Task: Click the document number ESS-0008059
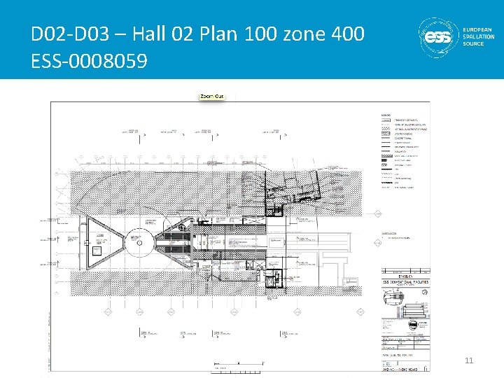click(x=90, y=62)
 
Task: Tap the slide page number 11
click(x=470, y=360)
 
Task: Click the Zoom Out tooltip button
click(x=212, y=95)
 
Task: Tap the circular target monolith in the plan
click(x=139, y=244)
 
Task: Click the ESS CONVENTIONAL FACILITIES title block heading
click(x=405, y=282)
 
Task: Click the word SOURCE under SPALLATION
click(x=473, y=44)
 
